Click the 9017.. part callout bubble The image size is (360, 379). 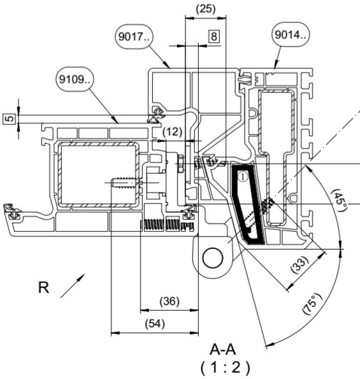(x=134, y=37)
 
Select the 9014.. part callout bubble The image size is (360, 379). (x=291, y=35)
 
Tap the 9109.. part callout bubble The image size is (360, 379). (x=75, y=79)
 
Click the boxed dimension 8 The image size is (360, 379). (x=214, y=36)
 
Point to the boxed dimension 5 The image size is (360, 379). (x=10, y=118)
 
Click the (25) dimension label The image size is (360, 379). (x=206, y=9)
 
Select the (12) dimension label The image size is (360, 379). (x=173, y=132)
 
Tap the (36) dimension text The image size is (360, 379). (x=169, y=301)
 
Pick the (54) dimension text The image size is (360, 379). (x=155, y=324)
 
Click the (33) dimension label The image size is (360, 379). (x=299, y=265)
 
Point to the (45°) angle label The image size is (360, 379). (x=340, y=200)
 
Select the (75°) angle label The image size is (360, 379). (x=312, y=304)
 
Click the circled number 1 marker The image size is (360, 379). (x=243, y=176)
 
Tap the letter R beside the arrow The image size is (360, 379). (x=44, y=287)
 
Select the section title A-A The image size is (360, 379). (x=222, y=350)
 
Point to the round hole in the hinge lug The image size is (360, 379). (x=213, y=257)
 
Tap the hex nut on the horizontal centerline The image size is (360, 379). (x=180, y=164)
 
